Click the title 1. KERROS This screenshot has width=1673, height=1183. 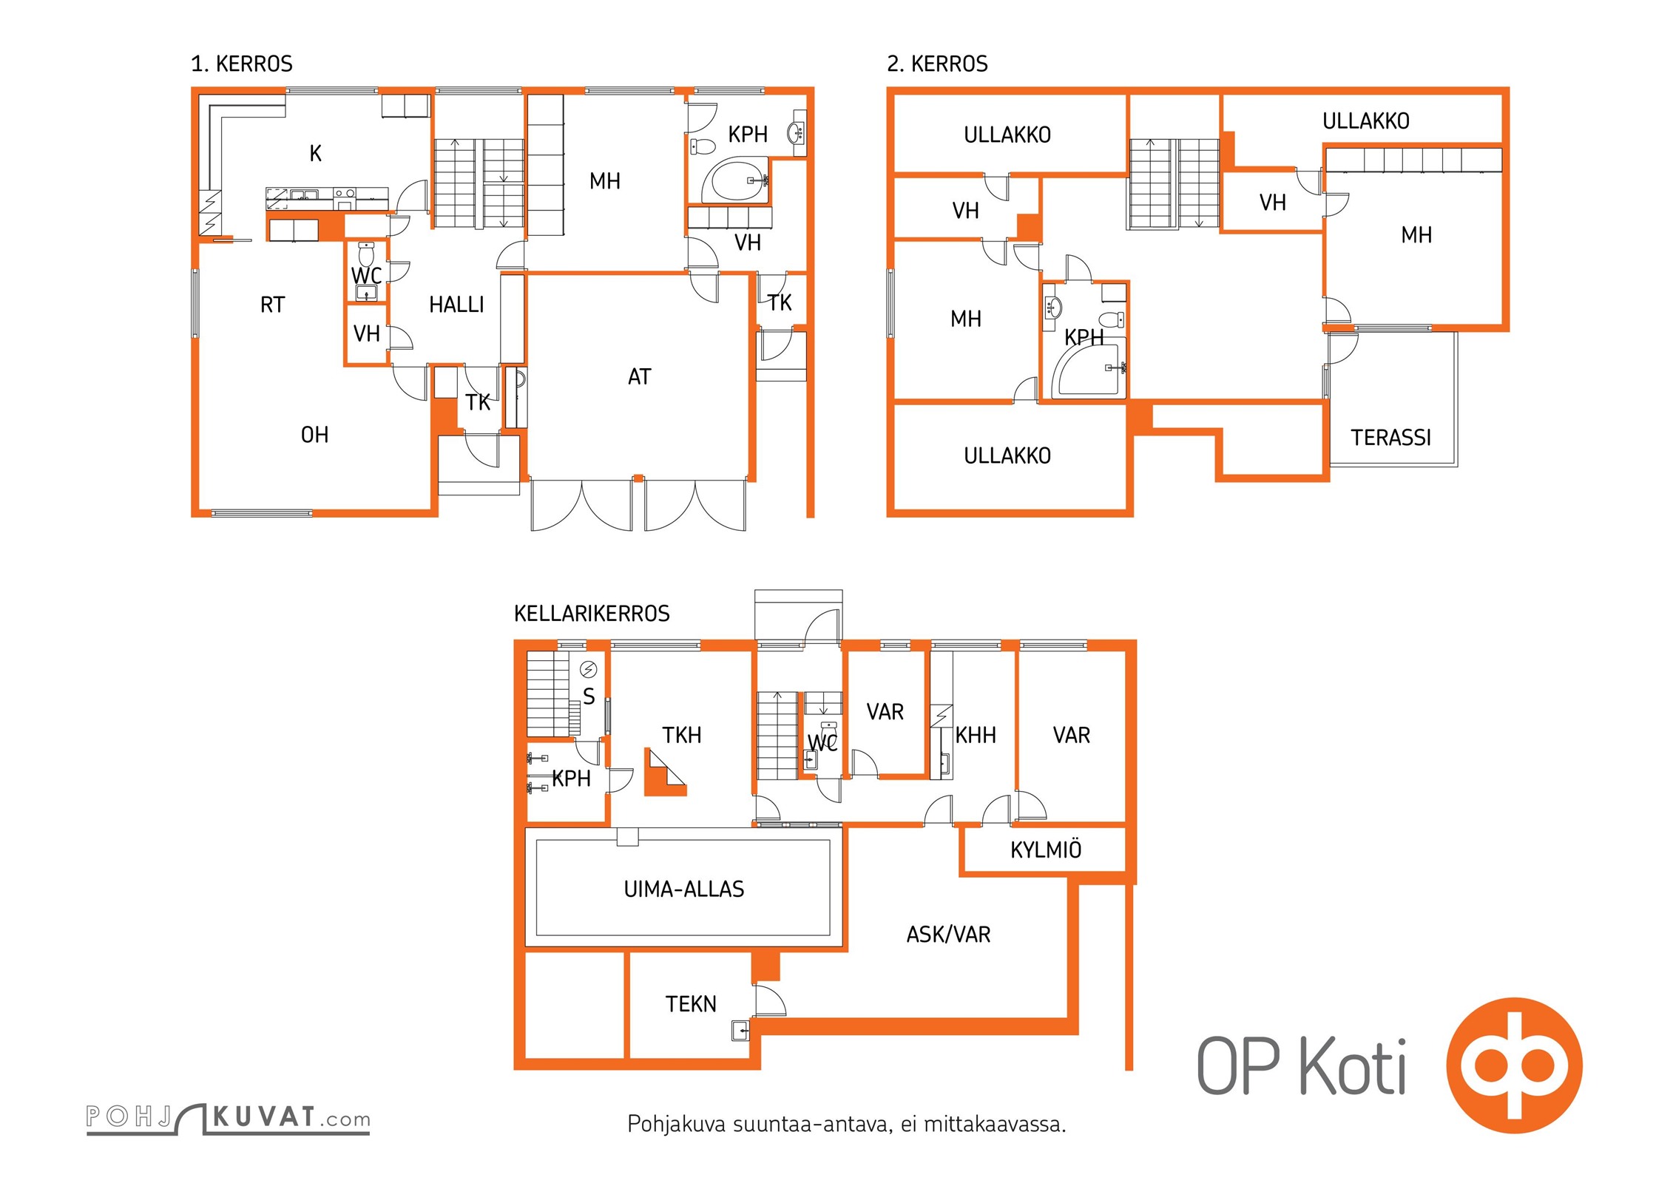(242, 64)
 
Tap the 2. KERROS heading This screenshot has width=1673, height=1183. (937, 64)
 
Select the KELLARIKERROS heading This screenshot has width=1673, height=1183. (592, 614)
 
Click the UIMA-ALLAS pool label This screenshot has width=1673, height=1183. (684, 889)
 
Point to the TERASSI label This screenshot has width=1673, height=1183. (1391, 438)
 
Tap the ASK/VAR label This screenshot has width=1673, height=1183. (948, 935)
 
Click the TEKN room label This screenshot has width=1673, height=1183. (691, 1004)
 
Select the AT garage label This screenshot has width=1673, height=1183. (639, 377)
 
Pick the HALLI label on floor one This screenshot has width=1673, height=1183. (456, 305)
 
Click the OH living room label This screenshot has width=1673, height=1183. (314, 435)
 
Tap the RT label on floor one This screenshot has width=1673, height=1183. (272, 305)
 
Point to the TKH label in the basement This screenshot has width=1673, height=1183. (681, 735)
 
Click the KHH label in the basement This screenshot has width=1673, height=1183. (976, 735)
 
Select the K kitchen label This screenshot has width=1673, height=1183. (316, 154)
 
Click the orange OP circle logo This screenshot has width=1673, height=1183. (1515, 1065)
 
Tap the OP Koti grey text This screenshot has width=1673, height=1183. (1302, 1065)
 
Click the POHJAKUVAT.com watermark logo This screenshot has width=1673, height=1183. (228, 1118)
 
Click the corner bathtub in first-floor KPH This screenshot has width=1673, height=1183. (734, 180)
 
